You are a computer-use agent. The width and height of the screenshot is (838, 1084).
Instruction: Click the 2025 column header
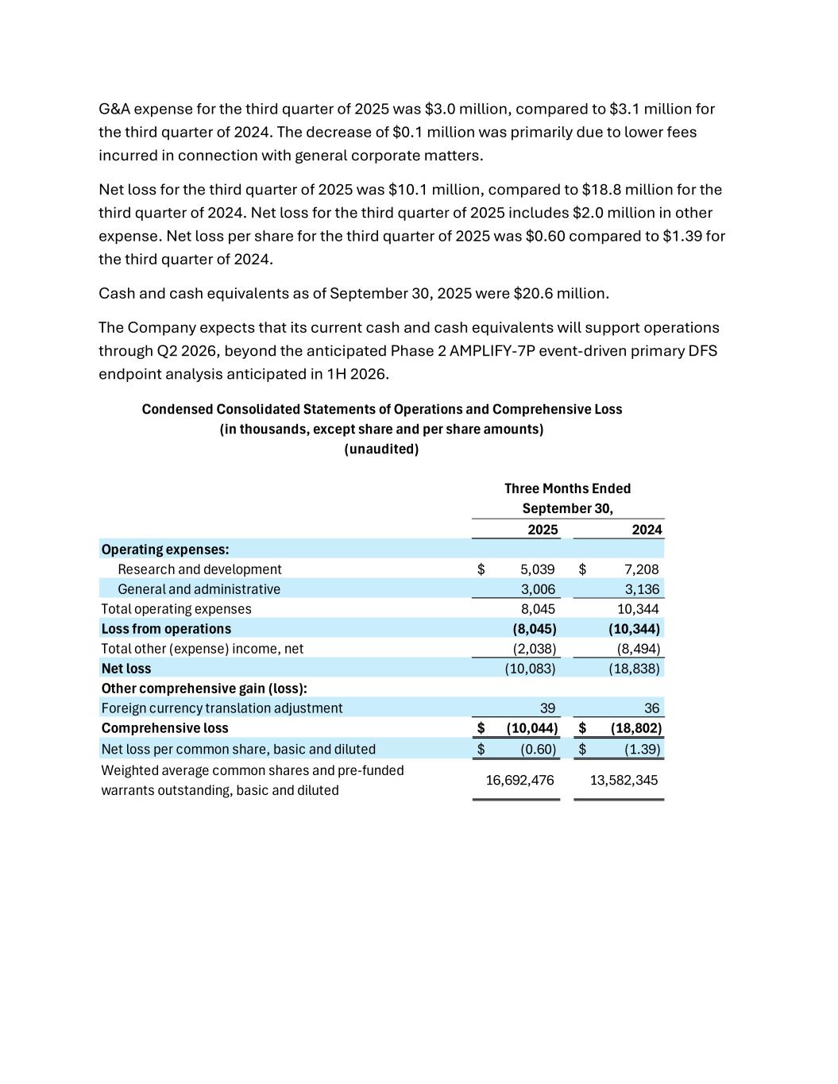pos(543,530)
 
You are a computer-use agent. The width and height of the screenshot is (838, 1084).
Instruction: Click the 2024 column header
pos(647,530)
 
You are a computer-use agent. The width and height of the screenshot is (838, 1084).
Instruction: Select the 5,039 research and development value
pos(538,569)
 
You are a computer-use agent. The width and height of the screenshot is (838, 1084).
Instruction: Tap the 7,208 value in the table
pos(641,569)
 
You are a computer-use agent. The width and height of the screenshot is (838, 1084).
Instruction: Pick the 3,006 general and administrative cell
pos(538,589)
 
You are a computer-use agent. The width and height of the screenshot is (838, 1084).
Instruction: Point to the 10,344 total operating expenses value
pos(638,609)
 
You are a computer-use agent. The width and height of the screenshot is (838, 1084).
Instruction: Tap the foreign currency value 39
pos(547,708)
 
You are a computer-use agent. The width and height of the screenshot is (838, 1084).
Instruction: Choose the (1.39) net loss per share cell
pos(642,749)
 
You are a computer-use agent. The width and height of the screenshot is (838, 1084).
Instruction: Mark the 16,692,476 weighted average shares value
pos(519,780)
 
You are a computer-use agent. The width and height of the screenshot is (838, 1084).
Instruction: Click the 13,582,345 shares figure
pos(624,780)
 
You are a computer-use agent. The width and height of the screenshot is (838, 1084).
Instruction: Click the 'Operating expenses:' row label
pos(165,550)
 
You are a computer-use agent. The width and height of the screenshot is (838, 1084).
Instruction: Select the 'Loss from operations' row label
pos(166,629)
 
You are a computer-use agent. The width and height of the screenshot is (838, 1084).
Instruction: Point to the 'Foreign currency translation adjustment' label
pos(222,708)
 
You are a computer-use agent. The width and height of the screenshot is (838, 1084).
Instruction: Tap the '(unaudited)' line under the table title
pos(381,449)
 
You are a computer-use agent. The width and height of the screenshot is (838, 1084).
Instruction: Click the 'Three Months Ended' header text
pos(567,488)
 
